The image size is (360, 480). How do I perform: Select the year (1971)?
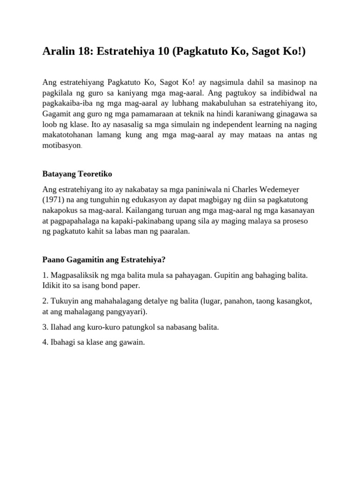pos(54,199)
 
